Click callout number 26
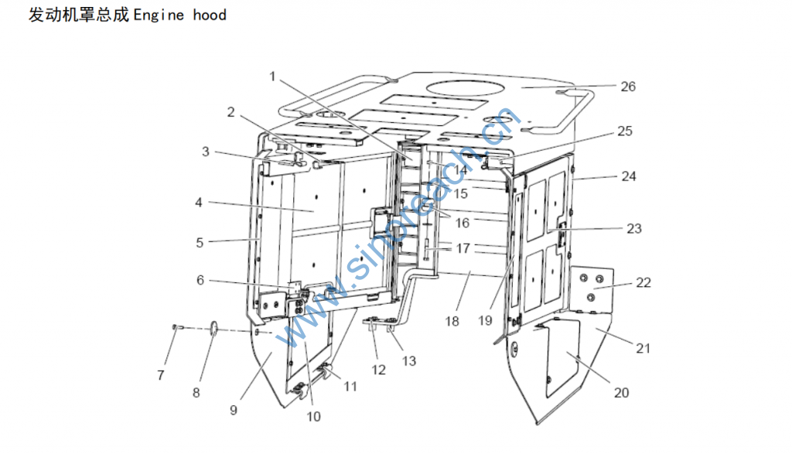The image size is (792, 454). click(628, 87)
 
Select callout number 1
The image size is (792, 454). click(272, 76)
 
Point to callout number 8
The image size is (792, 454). click(196, 392)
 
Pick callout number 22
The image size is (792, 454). click(643, 283)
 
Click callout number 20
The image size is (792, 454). click(622, 392)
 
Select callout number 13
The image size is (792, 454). click(409, 360)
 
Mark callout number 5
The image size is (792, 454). click(200, 242)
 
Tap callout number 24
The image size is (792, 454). click(629, 176)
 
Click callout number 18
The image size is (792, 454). click(452, 320)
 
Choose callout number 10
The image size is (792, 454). click(313, 416)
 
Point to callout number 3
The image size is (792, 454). click(206, 152)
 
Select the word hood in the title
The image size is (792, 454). click(210, 15)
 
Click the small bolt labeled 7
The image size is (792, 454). click(176, 328)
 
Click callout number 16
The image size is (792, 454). click(462, 223)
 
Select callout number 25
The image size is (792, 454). click(624, 131)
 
